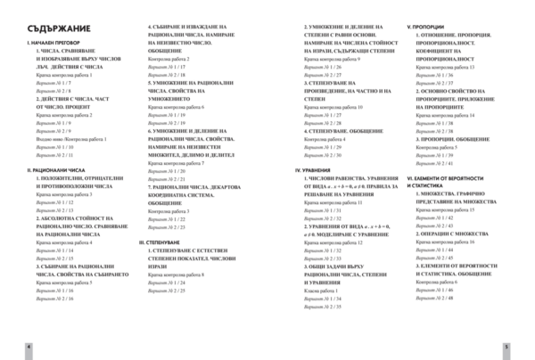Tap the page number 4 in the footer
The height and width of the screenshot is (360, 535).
[x=28, y=345]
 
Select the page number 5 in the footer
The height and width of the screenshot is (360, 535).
[x=506, y=345]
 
